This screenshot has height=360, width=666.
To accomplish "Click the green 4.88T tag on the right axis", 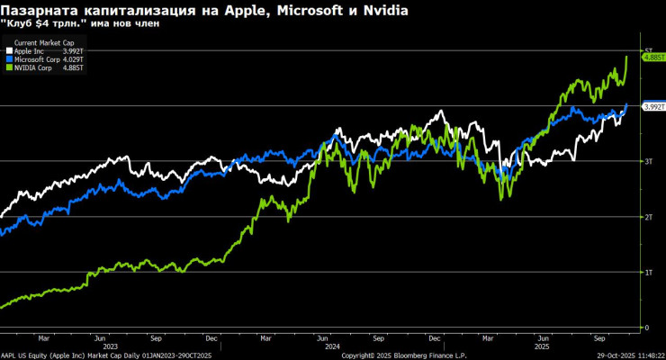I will tap(652, 57).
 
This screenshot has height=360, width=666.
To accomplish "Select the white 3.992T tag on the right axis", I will tap(652, 107).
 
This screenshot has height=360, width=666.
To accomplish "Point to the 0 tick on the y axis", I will tap(645, 328).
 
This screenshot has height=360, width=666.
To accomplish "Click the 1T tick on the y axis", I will tap(646, 272).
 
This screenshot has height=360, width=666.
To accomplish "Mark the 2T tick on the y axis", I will tap(646, 217).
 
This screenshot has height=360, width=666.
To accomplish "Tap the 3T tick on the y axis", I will tap(646, 161).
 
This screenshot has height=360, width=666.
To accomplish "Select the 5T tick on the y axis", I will tap(646, 50).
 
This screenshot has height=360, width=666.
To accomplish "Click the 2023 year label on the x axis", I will tap(111, 346).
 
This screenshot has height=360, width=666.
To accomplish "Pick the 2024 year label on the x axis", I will tap(332, 346).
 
